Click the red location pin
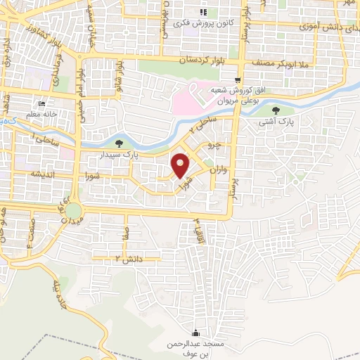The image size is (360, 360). click(181, 165)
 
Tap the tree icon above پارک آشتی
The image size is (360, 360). click(275, 110)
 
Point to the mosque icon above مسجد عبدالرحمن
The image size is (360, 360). click(195, 333)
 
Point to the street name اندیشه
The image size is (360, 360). click(38, 174)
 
